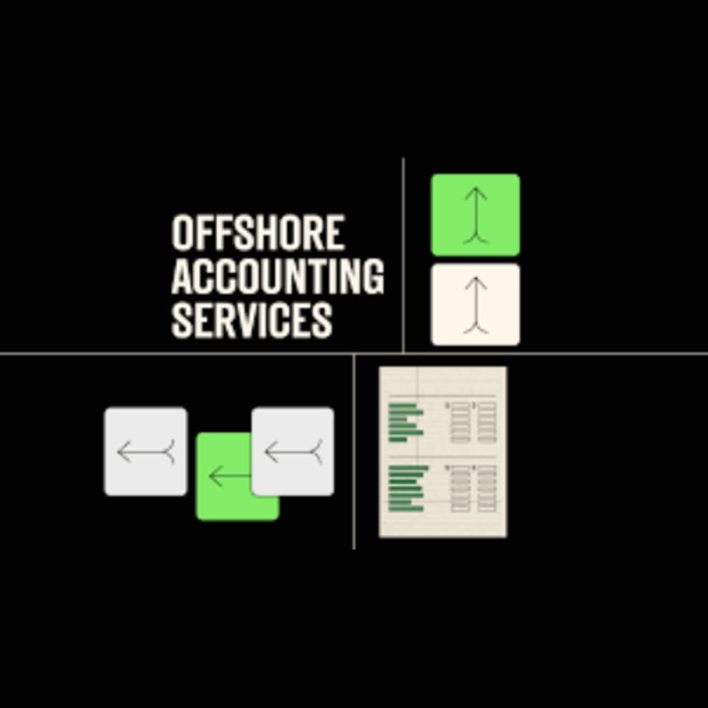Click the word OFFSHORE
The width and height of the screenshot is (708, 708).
point(257,232)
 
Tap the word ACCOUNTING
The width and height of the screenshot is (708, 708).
point(277,276)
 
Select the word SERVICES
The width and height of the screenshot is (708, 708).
point(252,319)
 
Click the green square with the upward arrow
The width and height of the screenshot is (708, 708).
point(475,214)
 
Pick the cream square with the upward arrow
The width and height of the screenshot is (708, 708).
point(475,304)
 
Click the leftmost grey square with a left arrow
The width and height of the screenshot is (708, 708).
point(145,451)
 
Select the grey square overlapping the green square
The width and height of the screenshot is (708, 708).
point(292,451)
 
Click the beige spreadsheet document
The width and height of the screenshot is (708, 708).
point(442,451)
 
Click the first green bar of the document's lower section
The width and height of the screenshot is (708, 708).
point(409,468)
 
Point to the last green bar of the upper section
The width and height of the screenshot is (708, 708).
point(398,439)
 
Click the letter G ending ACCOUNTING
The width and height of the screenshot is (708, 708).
point(373,276)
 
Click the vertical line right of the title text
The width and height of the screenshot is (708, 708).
point(403,256)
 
